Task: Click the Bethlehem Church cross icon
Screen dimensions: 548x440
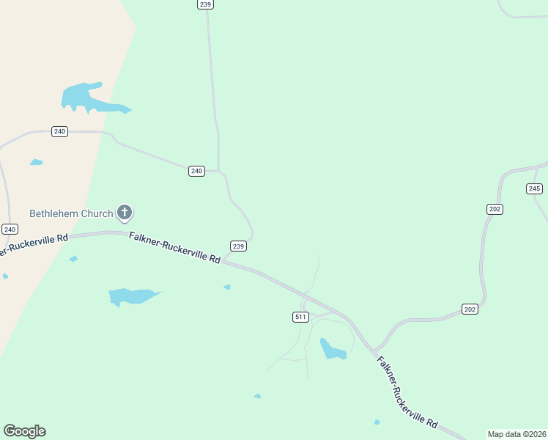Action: point(125,213)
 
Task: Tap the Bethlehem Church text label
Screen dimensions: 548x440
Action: point(71,214)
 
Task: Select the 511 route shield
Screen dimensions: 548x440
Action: point(300,317)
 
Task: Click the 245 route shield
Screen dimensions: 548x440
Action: point(534,188)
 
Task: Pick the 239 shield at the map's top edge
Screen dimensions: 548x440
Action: point(205,4)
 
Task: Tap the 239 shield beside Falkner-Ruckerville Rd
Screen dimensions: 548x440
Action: point(238,246)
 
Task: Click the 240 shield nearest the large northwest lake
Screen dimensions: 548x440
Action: point(59,131)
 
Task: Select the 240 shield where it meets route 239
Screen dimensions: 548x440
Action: point(196,171)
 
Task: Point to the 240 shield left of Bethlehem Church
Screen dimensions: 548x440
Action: point(9,230)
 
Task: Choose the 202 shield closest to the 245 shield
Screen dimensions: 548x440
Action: point(495,209)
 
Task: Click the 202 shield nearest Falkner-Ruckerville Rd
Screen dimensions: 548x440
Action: point(470,309)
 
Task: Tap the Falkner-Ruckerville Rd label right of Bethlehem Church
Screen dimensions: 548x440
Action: point(174,248)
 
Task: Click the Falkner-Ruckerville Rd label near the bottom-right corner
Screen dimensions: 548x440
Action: point(407,392)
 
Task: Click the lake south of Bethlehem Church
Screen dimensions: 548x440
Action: point(130,296)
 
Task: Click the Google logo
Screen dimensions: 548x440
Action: point(24,431)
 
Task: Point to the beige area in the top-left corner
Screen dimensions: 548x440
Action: point(44,44)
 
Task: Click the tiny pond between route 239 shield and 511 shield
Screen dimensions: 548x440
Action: point(227,287)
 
